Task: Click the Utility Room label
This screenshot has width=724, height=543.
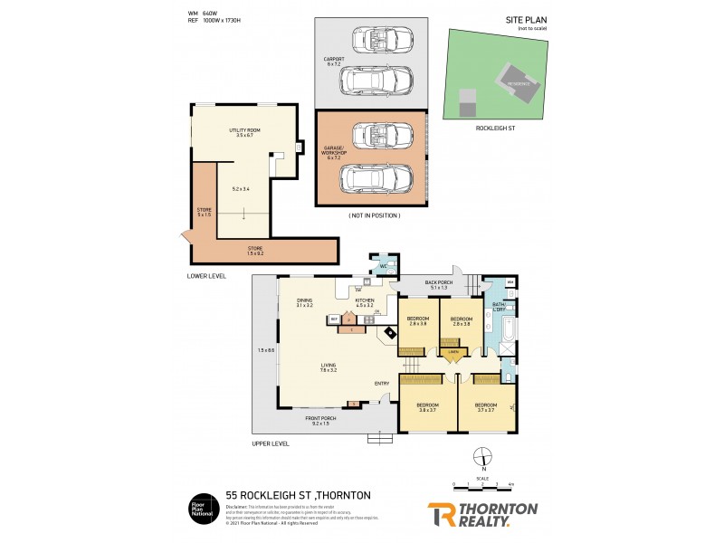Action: pos(242,132)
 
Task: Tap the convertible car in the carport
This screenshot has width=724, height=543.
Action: pos(381,40)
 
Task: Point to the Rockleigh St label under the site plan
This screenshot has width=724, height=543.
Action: pos(495,129)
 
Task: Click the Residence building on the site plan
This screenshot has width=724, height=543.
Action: pos(519,82)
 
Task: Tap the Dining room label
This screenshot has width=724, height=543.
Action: pos(303,303)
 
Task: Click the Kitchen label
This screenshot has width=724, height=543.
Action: pos(365,302)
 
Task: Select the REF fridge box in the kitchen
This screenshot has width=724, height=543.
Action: pos(334,319)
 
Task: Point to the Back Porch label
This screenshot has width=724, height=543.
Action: pos(438,284)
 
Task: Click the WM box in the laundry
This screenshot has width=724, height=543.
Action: pos(511,283)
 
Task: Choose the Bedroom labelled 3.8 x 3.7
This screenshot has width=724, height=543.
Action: pos(427,406)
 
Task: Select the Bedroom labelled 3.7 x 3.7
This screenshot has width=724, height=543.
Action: pos(486,406)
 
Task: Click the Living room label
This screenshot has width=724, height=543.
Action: pos(328,367)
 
